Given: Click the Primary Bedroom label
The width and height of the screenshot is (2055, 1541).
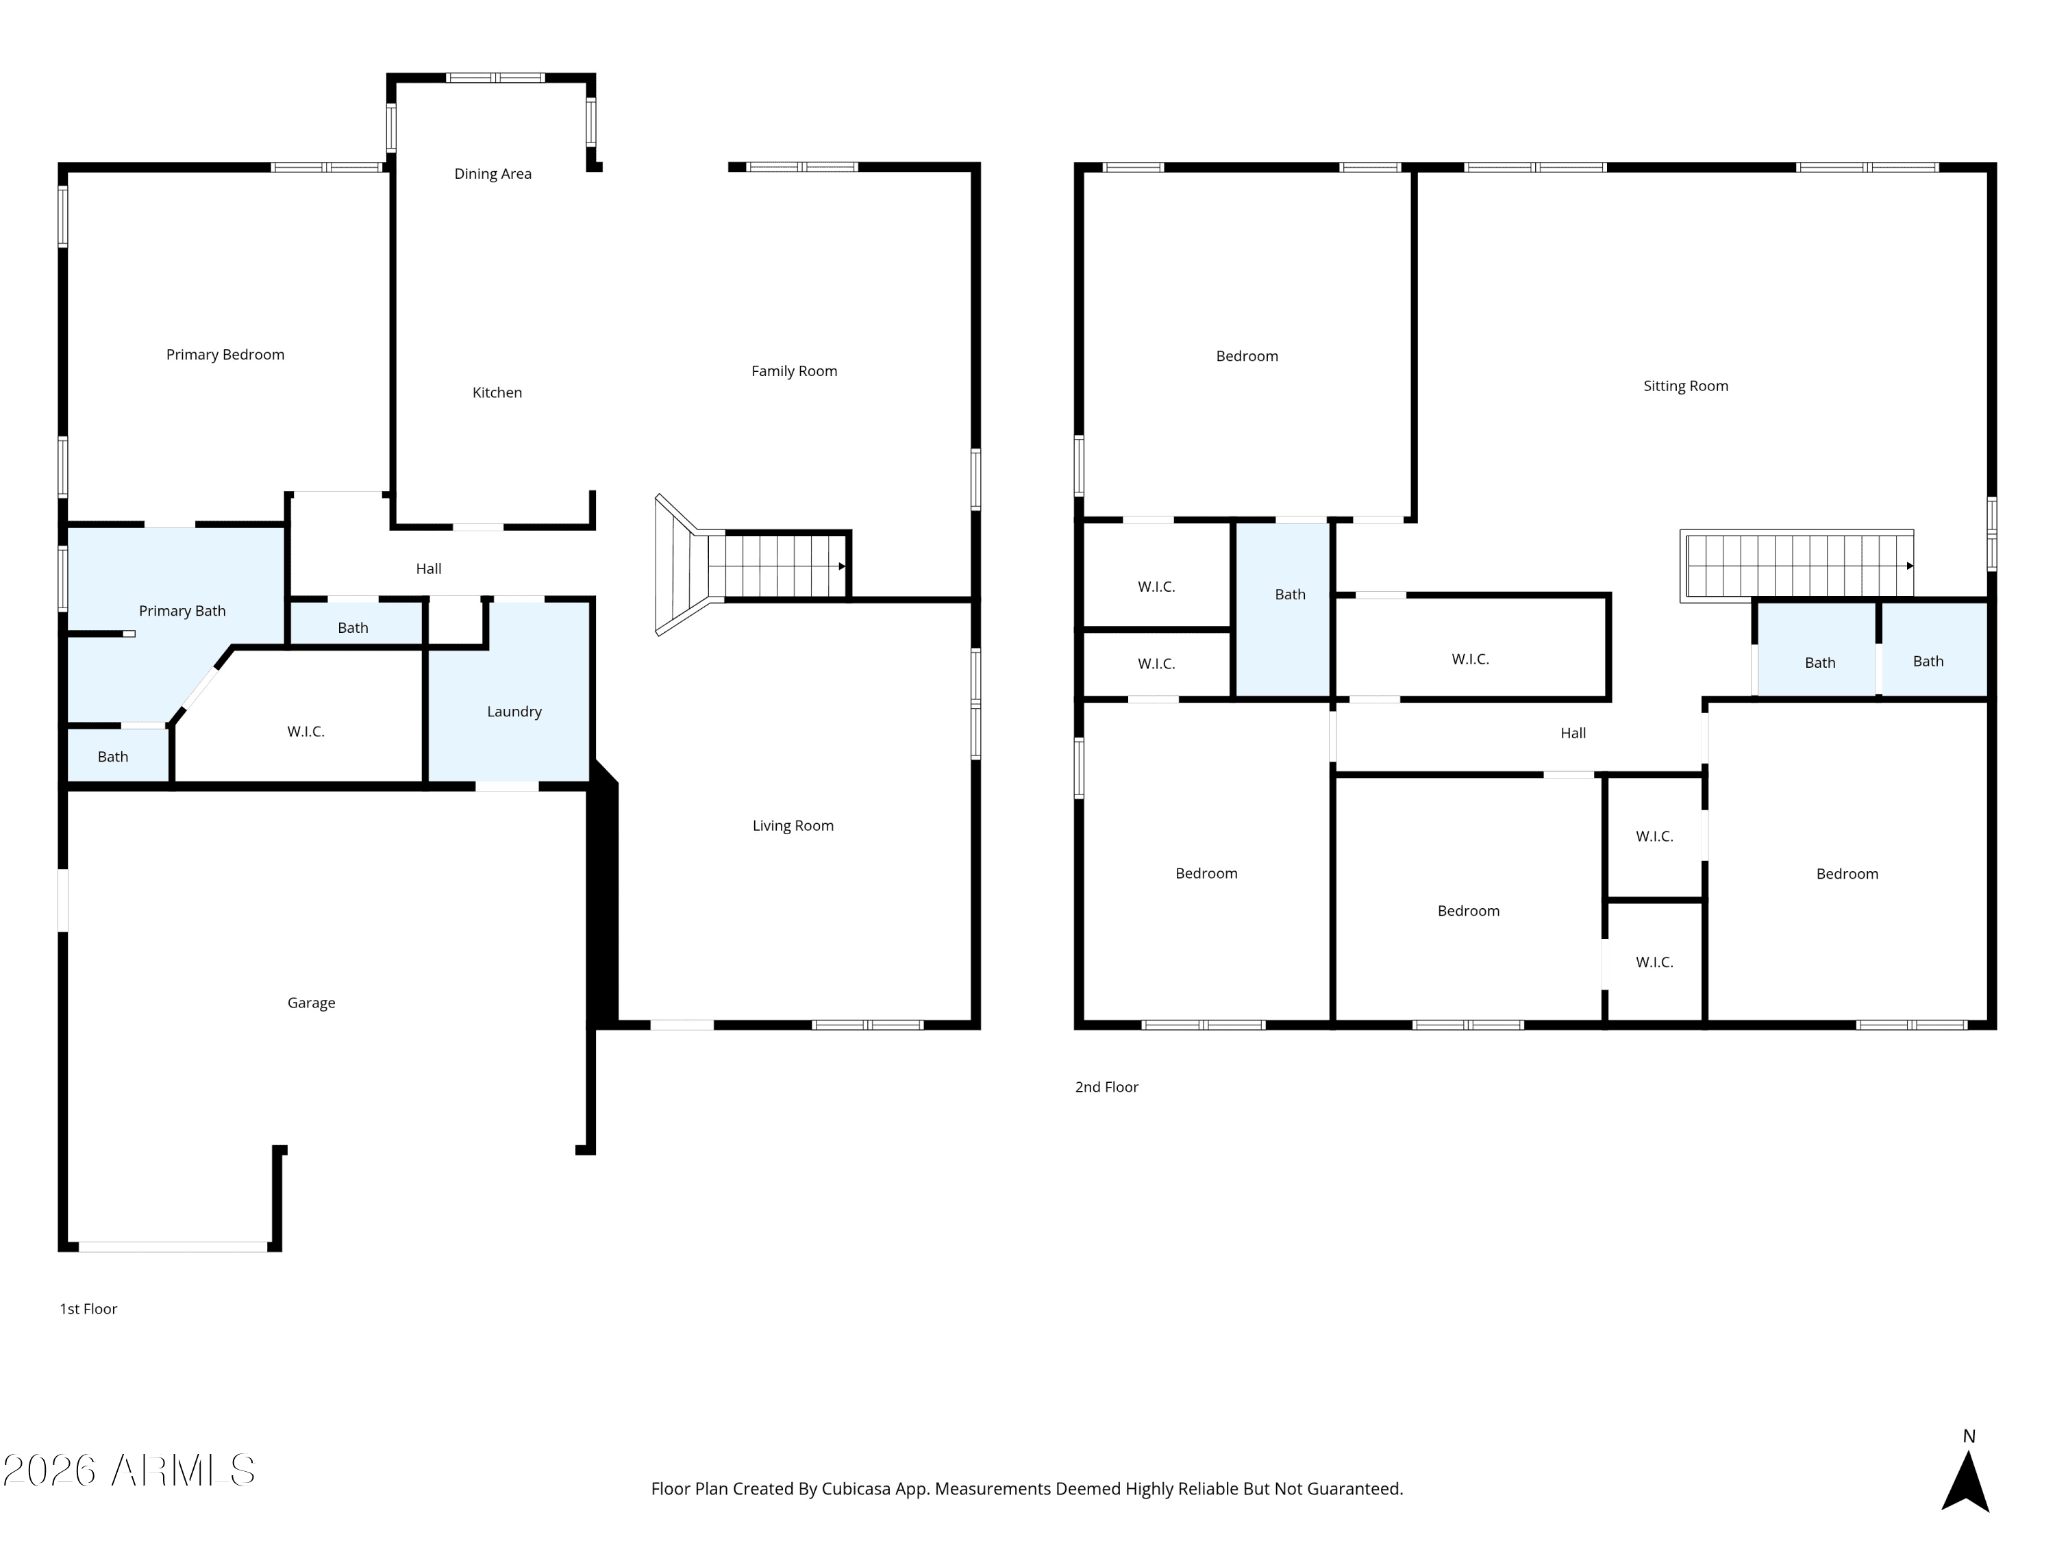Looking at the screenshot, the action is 225,355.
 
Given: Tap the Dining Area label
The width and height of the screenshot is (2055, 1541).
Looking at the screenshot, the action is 493,174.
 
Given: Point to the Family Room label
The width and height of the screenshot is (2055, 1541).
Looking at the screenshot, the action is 795,371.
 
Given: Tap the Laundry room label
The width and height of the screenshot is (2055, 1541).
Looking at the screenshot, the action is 514,712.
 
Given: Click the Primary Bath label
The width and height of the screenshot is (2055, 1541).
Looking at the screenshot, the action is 182,611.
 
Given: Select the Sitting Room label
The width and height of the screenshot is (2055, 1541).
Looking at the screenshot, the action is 1685,386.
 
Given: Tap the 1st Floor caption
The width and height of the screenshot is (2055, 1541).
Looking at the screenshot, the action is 88,1309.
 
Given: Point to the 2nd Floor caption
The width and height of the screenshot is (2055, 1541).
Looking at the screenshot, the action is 1106,1087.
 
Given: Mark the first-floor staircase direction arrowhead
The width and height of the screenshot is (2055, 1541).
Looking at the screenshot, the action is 843,566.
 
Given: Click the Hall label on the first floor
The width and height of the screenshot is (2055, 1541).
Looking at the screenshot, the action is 428,568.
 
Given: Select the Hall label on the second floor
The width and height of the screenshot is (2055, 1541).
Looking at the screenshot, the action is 1573,733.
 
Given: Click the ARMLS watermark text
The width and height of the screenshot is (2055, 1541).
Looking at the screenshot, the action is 129,1470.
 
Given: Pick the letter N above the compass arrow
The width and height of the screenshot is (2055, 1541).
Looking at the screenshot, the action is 1969,1437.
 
